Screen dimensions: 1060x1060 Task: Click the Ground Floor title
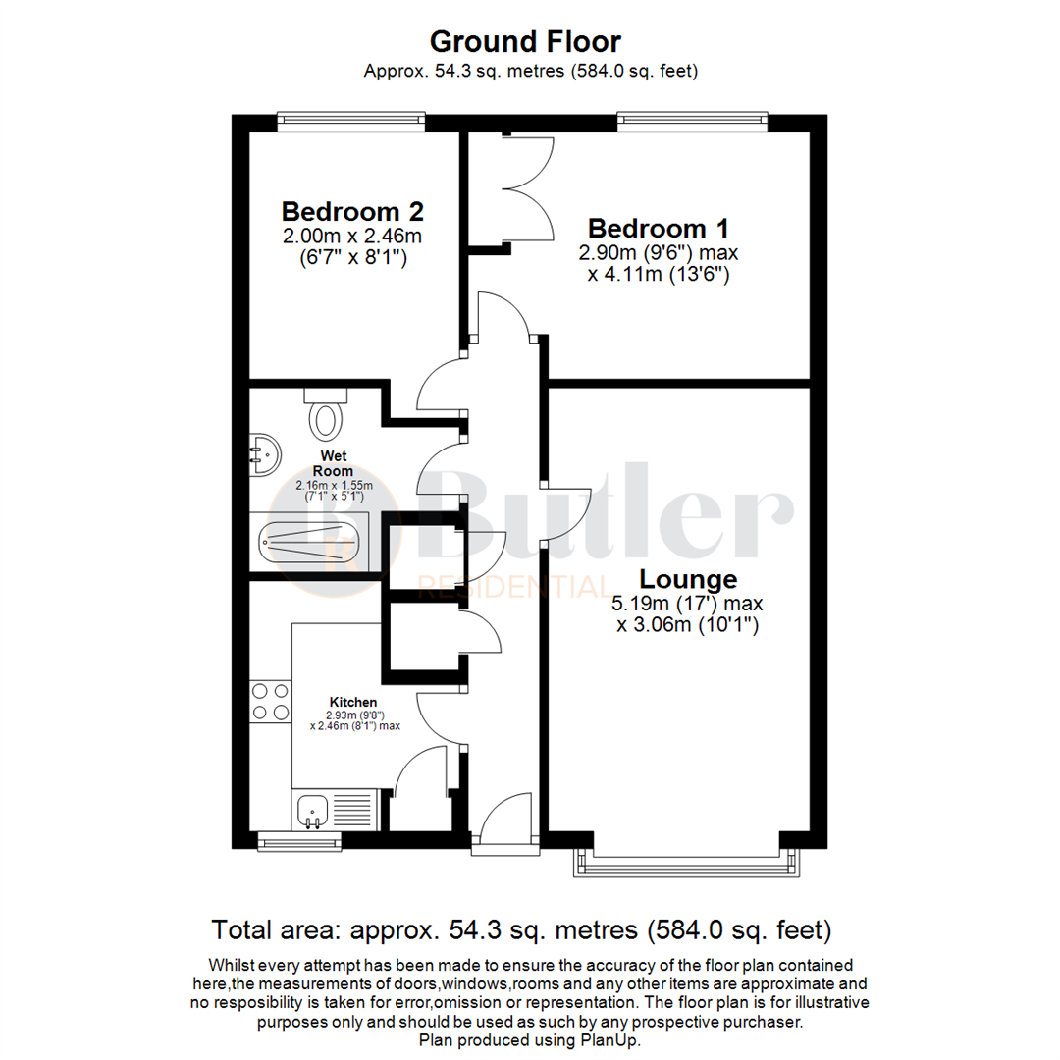[525, 42]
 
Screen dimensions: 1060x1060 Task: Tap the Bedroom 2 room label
[352, 211]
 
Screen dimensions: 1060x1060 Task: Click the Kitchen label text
[353, 702]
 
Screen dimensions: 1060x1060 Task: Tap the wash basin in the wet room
[263, 455]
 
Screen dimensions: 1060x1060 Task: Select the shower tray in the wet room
[309, 540]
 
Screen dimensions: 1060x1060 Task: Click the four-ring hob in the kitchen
[270, 701]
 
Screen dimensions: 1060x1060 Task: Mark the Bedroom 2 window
[351, 123]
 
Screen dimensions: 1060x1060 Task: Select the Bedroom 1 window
[692, 123]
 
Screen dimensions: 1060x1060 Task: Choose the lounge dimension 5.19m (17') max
[689, 604]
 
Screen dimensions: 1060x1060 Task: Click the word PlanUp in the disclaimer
[614, 1040]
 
